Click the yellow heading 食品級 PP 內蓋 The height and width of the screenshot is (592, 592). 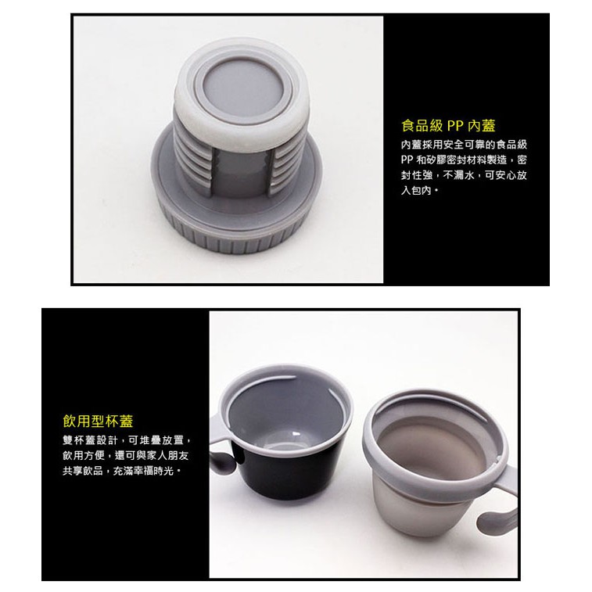click(448, 126)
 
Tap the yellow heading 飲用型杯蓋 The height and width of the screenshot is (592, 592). click(99, 421)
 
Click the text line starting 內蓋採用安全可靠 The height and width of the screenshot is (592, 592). click(464, 145)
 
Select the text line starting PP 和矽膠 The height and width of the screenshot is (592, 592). click(464, 160)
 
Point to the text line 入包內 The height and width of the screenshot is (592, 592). click(419, 190)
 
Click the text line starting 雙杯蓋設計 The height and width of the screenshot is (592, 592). click(127, 440)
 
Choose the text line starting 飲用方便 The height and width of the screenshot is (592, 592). click(126, 455)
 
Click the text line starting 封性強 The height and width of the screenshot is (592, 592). click(464, 175)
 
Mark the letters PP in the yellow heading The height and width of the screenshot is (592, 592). click(455, 126)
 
